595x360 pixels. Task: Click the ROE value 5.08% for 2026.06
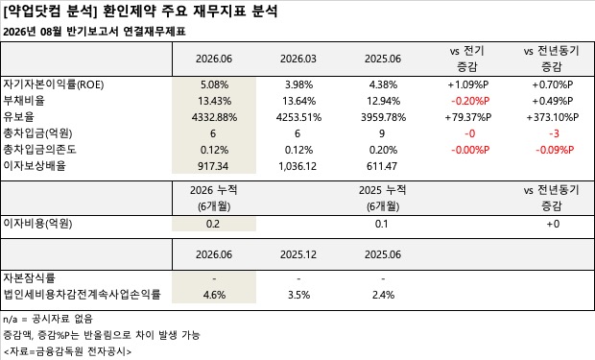click(x=214, y=84)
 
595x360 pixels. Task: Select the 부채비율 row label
click(x=24, y=101)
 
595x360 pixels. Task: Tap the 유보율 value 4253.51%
click(x=298, y=117)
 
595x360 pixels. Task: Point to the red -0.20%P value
click(x=470, y=101)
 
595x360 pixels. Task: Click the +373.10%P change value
click(x=552, y=117)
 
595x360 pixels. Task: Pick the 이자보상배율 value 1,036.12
click(x=297, y=166)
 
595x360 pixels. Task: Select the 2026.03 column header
click(x=298, y=59)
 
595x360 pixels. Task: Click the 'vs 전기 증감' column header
click(x=466, y=59)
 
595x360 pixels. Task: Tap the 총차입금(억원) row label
click(x=37, y=133)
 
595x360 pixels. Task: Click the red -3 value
click(x=554, y=133)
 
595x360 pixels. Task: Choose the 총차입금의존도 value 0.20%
click(x=383, y=150)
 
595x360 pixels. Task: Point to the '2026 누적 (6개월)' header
click(x=214, y=198)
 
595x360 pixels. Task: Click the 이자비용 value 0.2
click(x=213, y=224)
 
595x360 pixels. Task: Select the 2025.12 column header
click(x=298, y=254)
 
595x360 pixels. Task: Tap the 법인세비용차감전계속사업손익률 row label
click(x=82, y=295)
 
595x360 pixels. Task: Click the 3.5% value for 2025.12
click(x=299, y=295)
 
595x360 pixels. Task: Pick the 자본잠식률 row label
click(x=29, y=278)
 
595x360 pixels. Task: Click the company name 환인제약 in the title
click(x=129, y=11)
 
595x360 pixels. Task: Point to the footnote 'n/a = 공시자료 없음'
click(x=48, y=319)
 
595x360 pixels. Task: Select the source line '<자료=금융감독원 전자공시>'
click(x=67, y=351)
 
